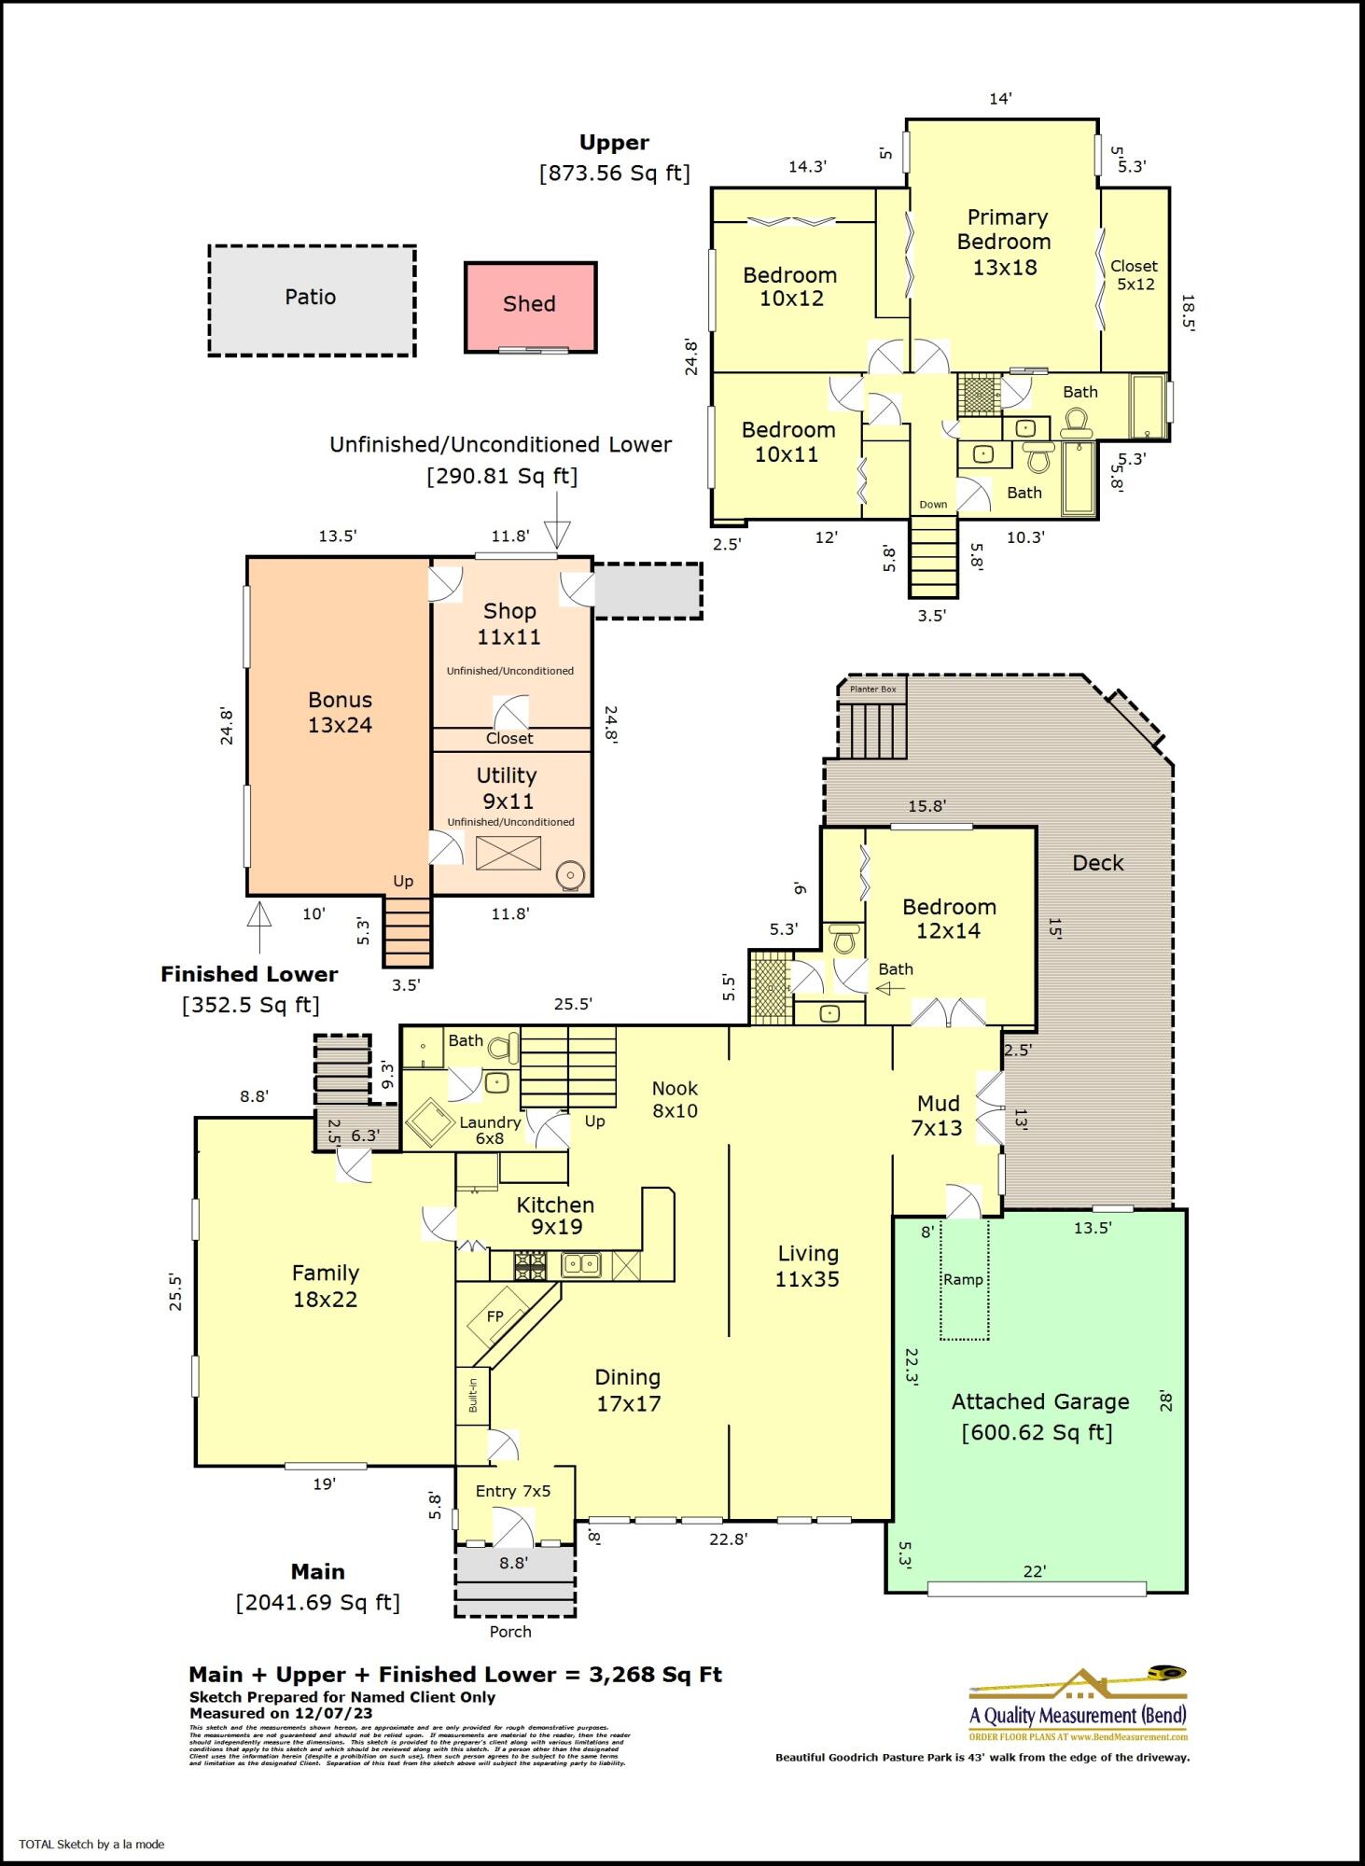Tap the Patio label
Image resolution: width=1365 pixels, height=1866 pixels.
click(x=311, y=297)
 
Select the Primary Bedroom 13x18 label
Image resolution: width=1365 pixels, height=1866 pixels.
click(x=1005, y=242)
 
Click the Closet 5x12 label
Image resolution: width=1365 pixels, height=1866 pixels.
click(x=1135, y=275)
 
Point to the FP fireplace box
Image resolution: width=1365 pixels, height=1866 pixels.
click(x=495, y=1316)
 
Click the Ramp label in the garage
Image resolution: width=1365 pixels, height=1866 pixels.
click(x=963, y=1279)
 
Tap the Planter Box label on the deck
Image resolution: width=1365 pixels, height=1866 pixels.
click(x=872, y=689)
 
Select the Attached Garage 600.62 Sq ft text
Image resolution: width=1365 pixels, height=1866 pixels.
click(x=1038, y=1416)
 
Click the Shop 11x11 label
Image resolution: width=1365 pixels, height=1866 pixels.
click(x=509, y=623)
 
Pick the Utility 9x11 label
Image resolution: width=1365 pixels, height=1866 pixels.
click(x=507, y=787)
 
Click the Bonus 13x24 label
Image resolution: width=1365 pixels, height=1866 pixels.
click(x=341, y=712)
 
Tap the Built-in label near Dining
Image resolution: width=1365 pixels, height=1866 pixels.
click(x=473, y=1395)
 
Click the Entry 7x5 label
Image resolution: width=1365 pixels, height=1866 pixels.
click(x=513, y=1491)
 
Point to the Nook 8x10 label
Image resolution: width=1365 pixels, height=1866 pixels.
click(x=675, y=1099)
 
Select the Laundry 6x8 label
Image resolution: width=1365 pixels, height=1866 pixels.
click(x=489, y=1130)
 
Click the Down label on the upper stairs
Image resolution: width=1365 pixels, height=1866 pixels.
click(x=933, y=505)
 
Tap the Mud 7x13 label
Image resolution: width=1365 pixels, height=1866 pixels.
click(x=938, y=1116)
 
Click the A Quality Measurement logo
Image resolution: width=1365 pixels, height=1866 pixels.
click(x=1078, y=1704)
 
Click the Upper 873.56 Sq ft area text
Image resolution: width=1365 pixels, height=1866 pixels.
click(x=614, y=158)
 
